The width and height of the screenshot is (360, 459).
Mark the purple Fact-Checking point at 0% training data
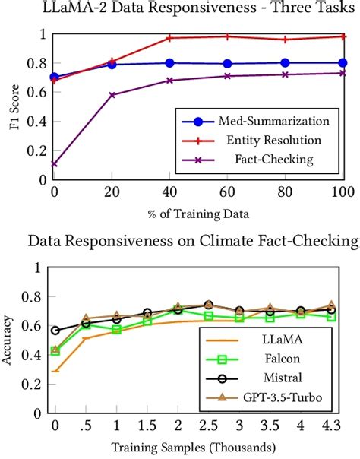(x=54, y=163)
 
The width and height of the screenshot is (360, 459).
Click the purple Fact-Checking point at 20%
(x=112, y=95)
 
